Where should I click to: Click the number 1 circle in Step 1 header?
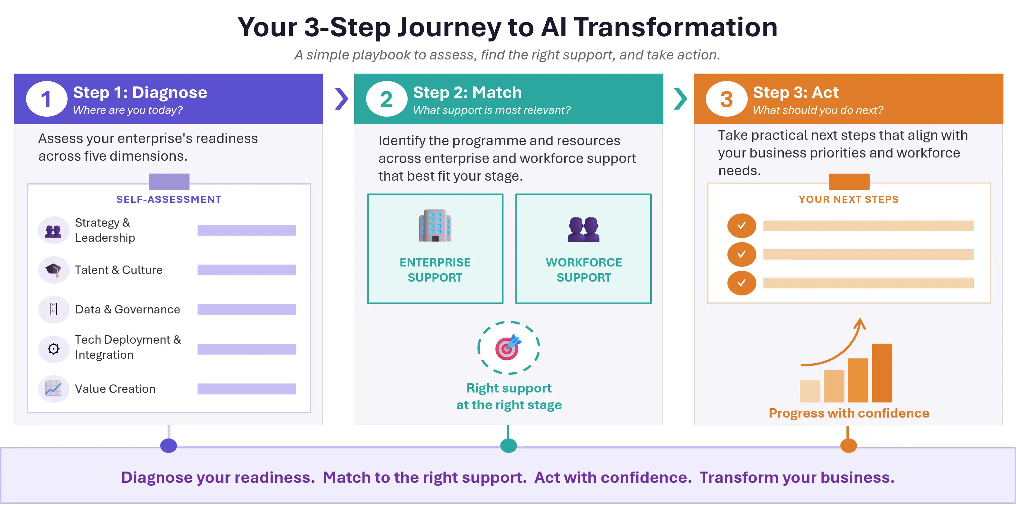point(47,99)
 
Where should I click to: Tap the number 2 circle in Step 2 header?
point(386,99)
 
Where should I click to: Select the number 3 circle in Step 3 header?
point(726,99)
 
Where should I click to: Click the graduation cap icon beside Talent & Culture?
point(53,270)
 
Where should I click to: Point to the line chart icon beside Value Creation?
point(53,389)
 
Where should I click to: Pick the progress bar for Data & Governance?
point(247,310)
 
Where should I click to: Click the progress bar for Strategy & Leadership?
point(247,230)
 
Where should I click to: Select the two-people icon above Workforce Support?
point(584,230)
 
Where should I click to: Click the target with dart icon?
point(509,347)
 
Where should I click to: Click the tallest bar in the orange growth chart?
point(882,373)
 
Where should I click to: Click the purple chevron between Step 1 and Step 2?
point(342,99)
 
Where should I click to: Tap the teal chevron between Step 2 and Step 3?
point(681,99)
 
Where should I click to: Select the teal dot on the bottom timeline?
point(508,446)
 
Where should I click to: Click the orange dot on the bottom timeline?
point(849,446)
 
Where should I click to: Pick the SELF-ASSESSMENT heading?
point(169,200)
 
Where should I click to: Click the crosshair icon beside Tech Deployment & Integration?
point(53,349)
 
